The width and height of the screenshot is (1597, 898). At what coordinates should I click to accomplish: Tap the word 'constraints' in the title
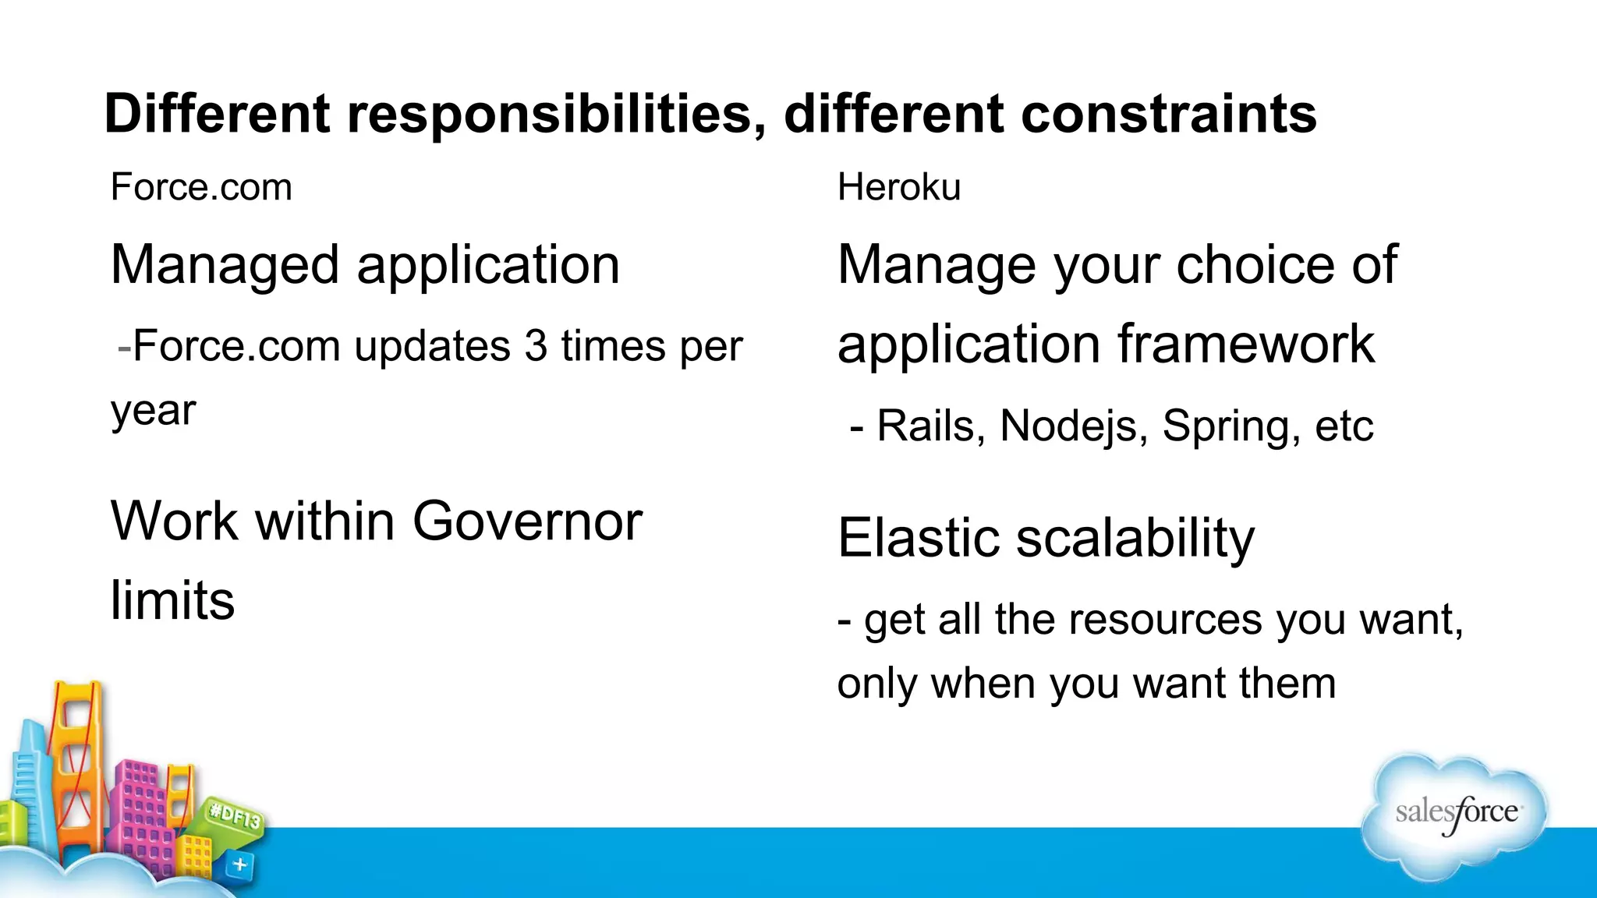click(x=1168, y=115)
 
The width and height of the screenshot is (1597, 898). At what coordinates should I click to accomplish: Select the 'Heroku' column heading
click(x=898, y=188)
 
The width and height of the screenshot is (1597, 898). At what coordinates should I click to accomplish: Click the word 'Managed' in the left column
click(x=225, y=266)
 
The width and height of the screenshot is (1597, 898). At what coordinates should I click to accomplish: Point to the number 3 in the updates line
click(x=536, y=346)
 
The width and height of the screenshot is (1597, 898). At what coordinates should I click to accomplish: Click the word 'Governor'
click(x=527, y=521)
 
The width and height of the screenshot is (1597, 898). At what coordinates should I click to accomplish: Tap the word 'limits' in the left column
click(x=172, y=601)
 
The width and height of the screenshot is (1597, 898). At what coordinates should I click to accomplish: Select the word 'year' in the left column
click(x=153, y=412)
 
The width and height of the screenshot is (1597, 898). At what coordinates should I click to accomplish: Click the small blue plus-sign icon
click(x=240, y=864)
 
